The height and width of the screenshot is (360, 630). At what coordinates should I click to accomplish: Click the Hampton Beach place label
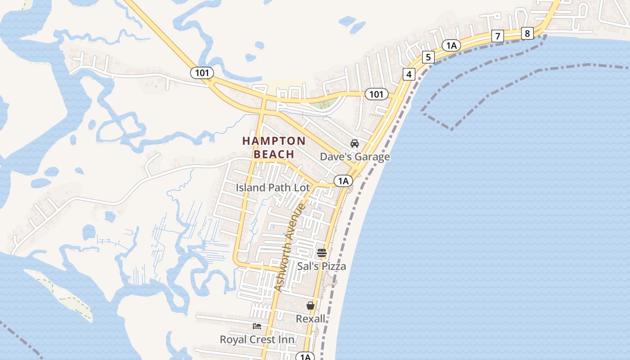[274, 148]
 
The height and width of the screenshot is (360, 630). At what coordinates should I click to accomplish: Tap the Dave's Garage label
[355, 157]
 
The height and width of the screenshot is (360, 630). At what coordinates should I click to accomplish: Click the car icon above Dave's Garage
[355, 144]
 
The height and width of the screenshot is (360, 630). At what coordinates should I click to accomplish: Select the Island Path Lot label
[273, 188]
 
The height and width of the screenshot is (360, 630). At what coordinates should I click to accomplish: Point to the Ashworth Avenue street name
[289, 248]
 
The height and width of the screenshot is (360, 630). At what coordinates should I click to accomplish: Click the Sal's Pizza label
[321, 266]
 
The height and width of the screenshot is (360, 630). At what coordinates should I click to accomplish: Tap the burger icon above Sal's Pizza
[321, 253]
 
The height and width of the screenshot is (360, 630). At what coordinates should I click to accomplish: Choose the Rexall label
[310, 319]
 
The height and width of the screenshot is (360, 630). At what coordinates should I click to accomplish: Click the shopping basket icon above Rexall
[310, 306]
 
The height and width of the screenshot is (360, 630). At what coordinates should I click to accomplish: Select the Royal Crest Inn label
[257, 339]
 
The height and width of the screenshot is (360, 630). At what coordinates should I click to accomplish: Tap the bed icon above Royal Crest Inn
[257, 326]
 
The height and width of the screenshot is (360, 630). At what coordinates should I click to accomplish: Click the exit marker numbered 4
[409, 74]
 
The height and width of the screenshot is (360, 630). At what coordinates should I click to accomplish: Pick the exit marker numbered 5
[428, 57]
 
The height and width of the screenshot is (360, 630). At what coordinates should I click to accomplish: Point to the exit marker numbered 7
[497, 36]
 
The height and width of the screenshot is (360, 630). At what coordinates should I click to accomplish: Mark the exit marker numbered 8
[527, 33]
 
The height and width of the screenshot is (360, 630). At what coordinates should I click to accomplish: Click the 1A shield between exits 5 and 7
[451, 45]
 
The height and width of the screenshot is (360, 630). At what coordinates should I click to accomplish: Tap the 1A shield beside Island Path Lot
[343, 181]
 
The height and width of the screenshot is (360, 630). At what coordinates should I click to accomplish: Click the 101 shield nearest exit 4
[376, 94]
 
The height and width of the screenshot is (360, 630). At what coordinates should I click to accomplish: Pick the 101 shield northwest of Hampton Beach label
[202, 72]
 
